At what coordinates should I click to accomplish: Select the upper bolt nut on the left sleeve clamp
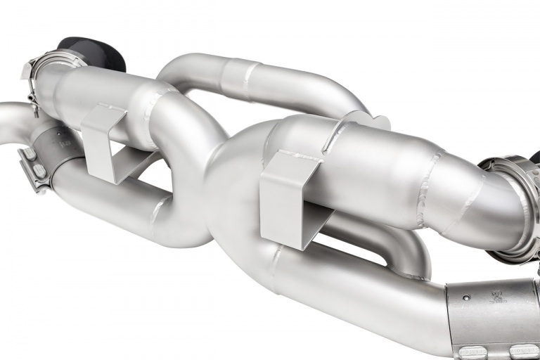pyautogui.click(x=30, y=153)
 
